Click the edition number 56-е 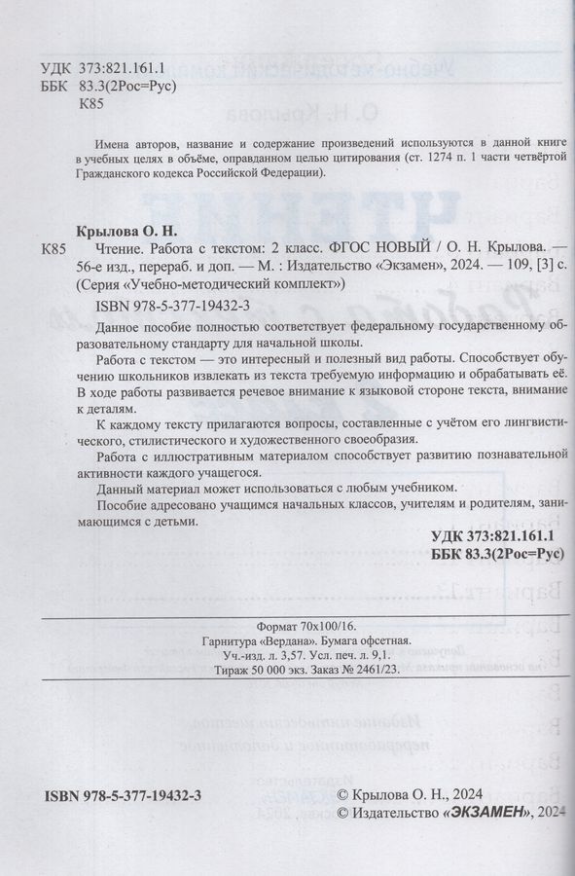[90, 266]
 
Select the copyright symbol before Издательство [341, 812]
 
